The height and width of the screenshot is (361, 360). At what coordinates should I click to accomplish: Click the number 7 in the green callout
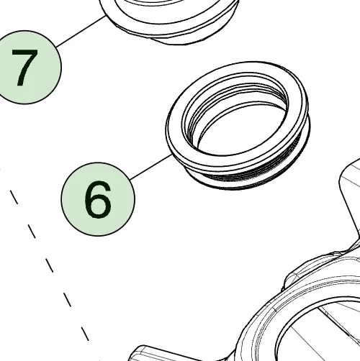(x=24, y=68)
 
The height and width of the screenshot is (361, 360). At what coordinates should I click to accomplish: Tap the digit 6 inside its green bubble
(x=98, y=200)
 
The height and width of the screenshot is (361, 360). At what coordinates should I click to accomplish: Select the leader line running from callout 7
(x=81, y=32)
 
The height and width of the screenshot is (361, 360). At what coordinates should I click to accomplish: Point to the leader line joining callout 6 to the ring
(x=151, y=168)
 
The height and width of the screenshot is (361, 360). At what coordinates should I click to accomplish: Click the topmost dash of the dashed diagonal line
(x=14, y=197)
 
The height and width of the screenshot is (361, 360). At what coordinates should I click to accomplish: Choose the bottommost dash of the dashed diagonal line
(x=85, y=334)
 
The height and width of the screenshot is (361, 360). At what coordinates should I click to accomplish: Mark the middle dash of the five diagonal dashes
(x=50, y=265)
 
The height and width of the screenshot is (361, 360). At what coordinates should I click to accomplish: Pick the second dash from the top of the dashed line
(x=32, y=232)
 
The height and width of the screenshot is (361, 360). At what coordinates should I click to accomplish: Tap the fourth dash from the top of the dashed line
(x=67, y=300)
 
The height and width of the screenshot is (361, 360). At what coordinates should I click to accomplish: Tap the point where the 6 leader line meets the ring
(x=172, y=155)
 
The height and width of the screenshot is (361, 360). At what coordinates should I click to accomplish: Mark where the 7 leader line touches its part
(x=106, y=16)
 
